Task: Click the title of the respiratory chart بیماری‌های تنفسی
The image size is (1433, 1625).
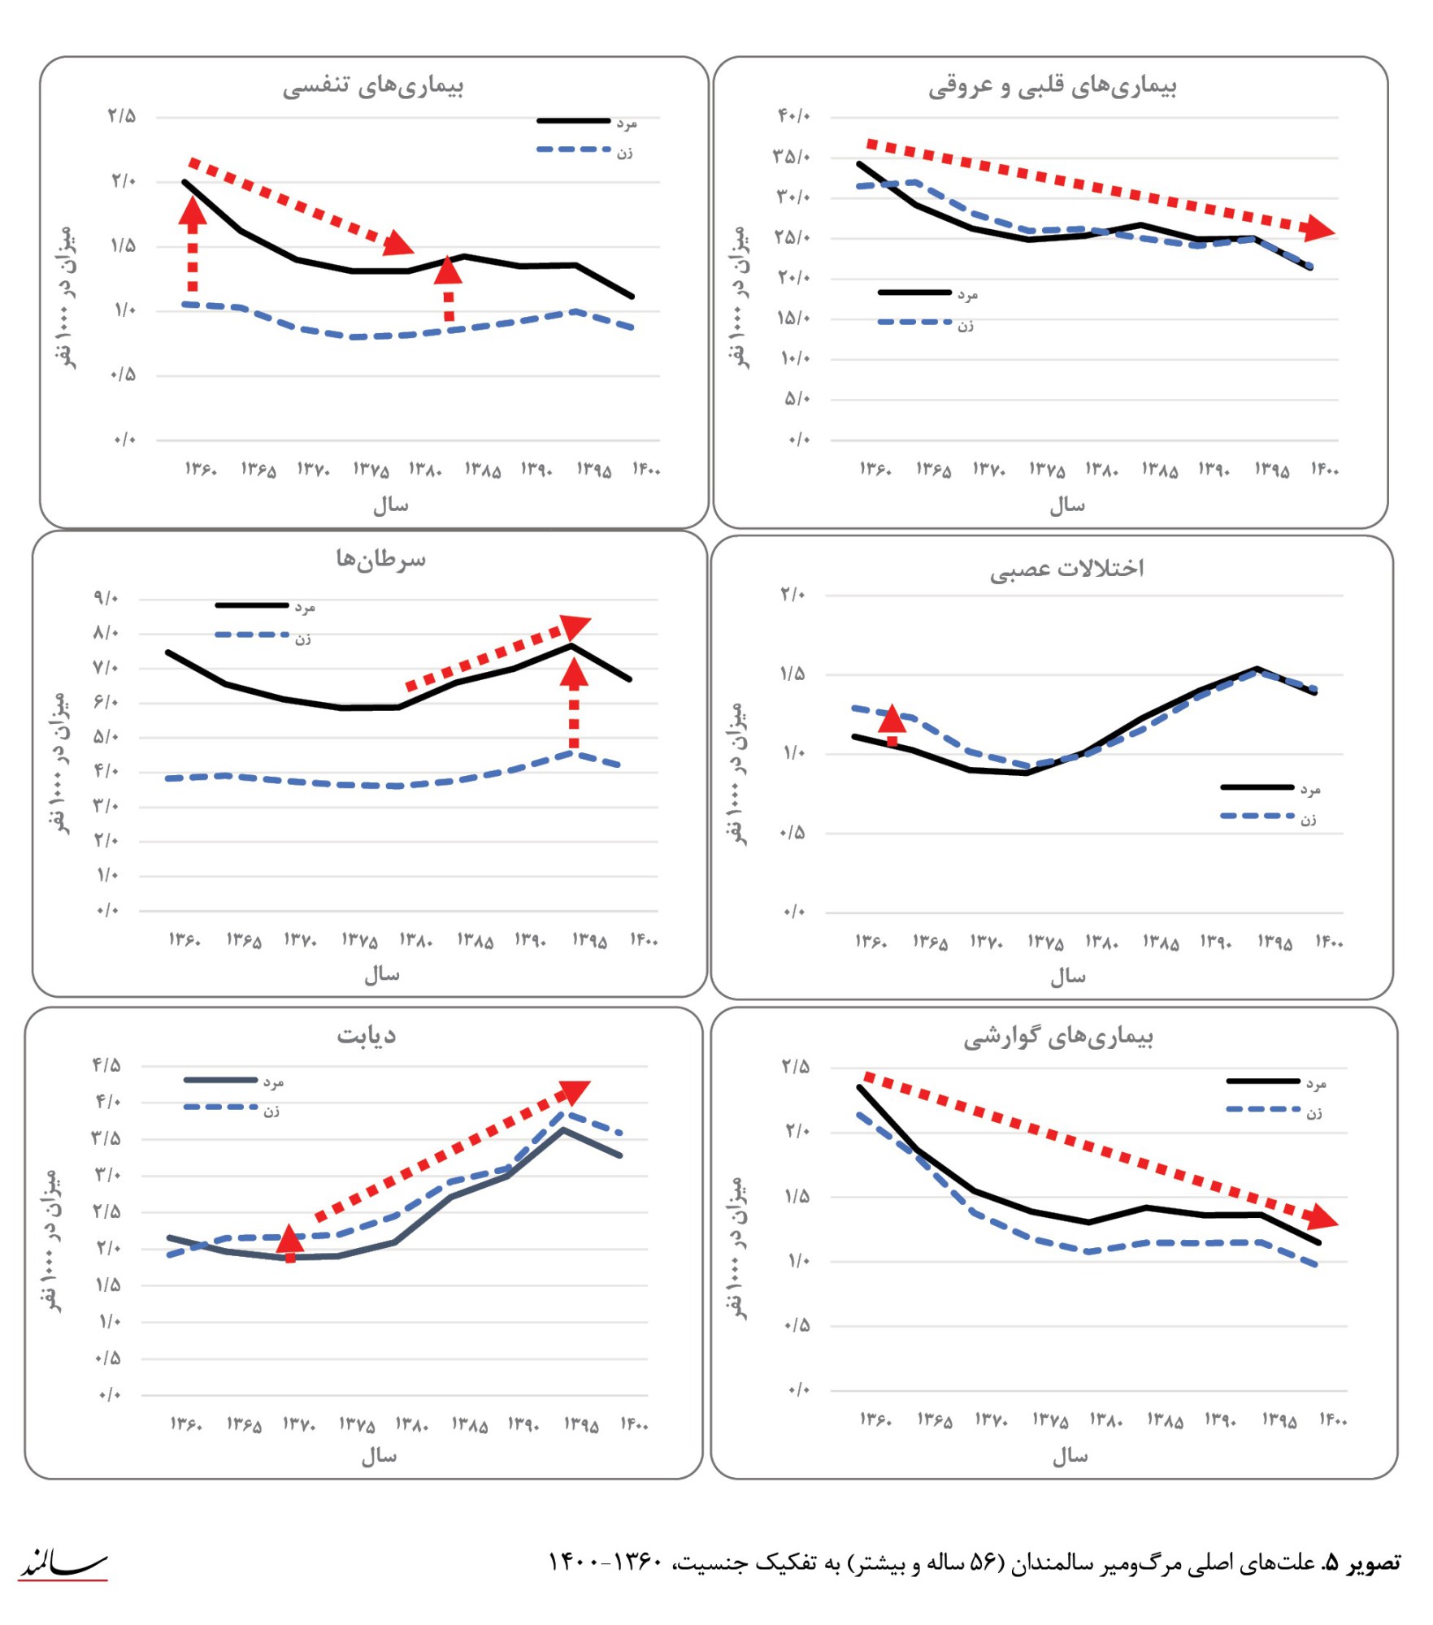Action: pos(373,86)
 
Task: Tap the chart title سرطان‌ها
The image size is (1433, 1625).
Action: pos(380,559)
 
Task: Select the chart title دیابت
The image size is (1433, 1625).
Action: pos(367,1035)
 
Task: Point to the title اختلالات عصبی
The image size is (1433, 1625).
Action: pos(1066,568)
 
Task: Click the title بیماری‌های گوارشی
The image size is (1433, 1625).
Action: pos(1058,1037)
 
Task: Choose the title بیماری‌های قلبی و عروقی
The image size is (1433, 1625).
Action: pos(1053,86)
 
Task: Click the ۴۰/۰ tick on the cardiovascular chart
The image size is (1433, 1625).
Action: pos(794,116)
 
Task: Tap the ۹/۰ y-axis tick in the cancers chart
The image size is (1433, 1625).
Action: pos(106,599)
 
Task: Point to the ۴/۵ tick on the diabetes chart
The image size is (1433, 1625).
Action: pos(106,1065)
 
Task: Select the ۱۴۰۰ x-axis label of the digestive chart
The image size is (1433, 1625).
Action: pos(1333,1419)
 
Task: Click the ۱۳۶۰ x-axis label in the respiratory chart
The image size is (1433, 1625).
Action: pos(201,470)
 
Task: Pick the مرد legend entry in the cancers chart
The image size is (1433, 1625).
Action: pos(305,607)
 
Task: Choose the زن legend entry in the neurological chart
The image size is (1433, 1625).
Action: pos(1308,819)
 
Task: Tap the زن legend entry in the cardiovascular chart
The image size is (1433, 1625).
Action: pos(965,325)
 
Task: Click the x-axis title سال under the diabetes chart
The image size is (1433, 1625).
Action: pos(380,1456)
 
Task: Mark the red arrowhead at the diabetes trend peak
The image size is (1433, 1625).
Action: pos(575,1091)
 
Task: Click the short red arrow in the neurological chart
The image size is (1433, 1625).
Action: pos(892,724)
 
